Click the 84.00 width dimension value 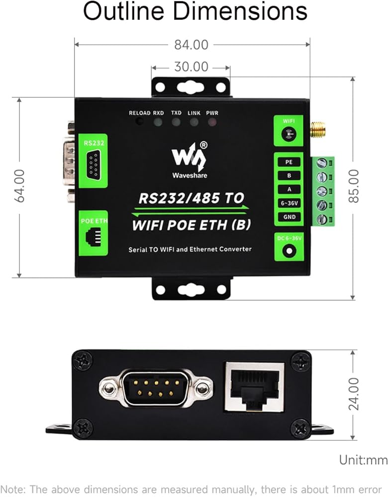point(191,45)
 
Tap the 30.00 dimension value point(191,67)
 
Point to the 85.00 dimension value point(353,185)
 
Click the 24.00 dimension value point(354,394)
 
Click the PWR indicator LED point(212,122)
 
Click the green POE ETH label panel point(93,233)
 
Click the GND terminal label point(289,217)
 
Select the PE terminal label point(289,162)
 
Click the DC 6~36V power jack point(289,250)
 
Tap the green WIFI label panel point(289,130)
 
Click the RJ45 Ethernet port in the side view point(254,387)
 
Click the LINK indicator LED point(194,122)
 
